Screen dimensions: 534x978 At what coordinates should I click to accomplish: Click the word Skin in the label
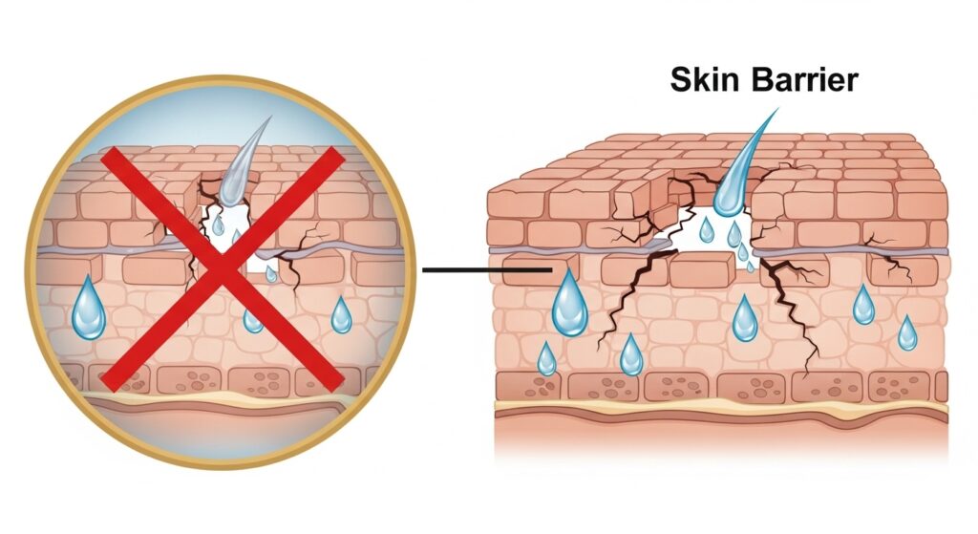point(704,79)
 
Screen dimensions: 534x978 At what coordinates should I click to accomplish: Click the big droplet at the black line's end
point(570,304)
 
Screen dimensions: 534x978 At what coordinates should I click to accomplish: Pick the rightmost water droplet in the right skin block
point(907,333)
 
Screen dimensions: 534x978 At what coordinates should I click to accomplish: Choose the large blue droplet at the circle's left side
point(89,310)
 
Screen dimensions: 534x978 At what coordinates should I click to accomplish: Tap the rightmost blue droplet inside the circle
point(341,316)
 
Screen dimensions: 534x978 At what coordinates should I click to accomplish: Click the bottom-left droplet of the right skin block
point(546,359)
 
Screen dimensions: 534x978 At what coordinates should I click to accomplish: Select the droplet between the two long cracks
point(745,319)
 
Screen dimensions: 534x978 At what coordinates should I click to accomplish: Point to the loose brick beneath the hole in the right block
point(701,270)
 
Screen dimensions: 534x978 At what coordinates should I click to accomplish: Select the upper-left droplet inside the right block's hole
point(706,229)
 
